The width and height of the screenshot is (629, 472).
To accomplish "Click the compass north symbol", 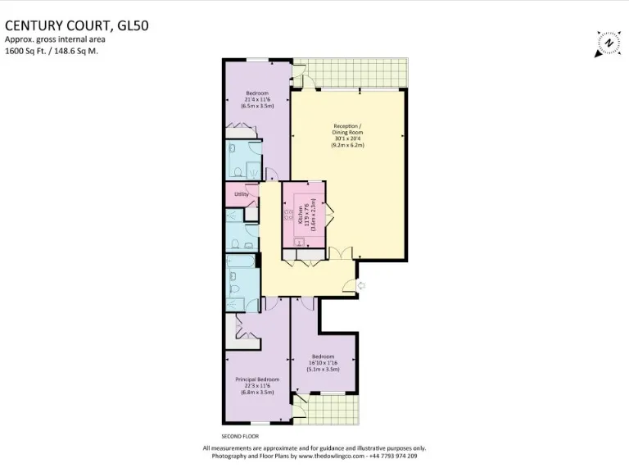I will coord(608,43).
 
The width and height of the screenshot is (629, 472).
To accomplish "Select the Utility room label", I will coord(242,194).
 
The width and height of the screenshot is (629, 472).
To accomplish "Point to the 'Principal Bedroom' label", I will coord(257,379).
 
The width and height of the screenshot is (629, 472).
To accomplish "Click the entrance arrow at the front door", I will coord(361,285).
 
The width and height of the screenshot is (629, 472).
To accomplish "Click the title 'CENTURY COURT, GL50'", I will coord(78,25).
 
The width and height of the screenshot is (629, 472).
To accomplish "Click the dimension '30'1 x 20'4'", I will coord(348,138).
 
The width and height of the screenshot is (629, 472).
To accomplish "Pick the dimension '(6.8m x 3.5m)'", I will coord(257,393).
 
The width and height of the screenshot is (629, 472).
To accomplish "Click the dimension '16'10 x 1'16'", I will coord(323,363).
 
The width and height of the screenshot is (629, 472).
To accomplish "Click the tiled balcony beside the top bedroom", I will coord(352,72).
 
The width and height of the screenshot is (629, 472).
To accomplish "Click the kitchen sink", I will coord(300,241).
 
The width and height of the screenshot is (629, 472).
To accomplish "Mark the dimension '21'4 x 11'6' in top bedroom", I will coord(257,99).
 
